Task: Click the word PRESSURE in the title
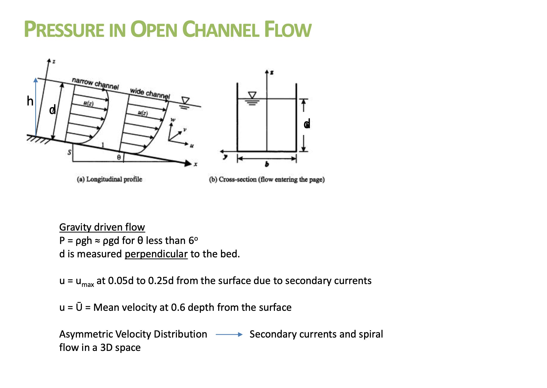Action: coord(64,30)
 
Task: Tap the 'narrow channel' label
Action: coord(95,84)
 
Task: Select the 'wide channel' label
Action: coord(150,93)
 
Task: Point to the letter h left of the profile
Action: coord(30,101)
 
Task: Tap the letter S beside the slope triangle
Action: coord(69,152)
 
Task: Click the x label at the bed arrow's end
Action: coord(196,164)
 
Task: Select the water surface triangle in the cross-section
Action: coord(252,95)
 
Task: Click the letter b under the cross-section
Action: coord(267,164)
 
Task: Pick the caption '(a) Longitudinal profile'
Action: coord(110,179)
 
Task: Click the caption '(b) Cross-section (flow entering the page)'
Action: coord(267,179)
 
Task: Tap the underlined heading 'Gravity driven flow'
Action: coord(102,227)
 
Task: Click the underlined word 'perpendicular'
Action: coord(156,254)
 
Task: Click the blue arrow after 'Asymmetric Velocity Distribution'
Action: coord(229,335)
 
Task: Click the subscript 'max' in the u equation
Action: coord(88,285)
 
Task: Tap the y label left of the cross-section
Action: coord(225,157)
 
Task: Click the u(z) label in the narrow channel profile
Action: coord(88,103)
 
